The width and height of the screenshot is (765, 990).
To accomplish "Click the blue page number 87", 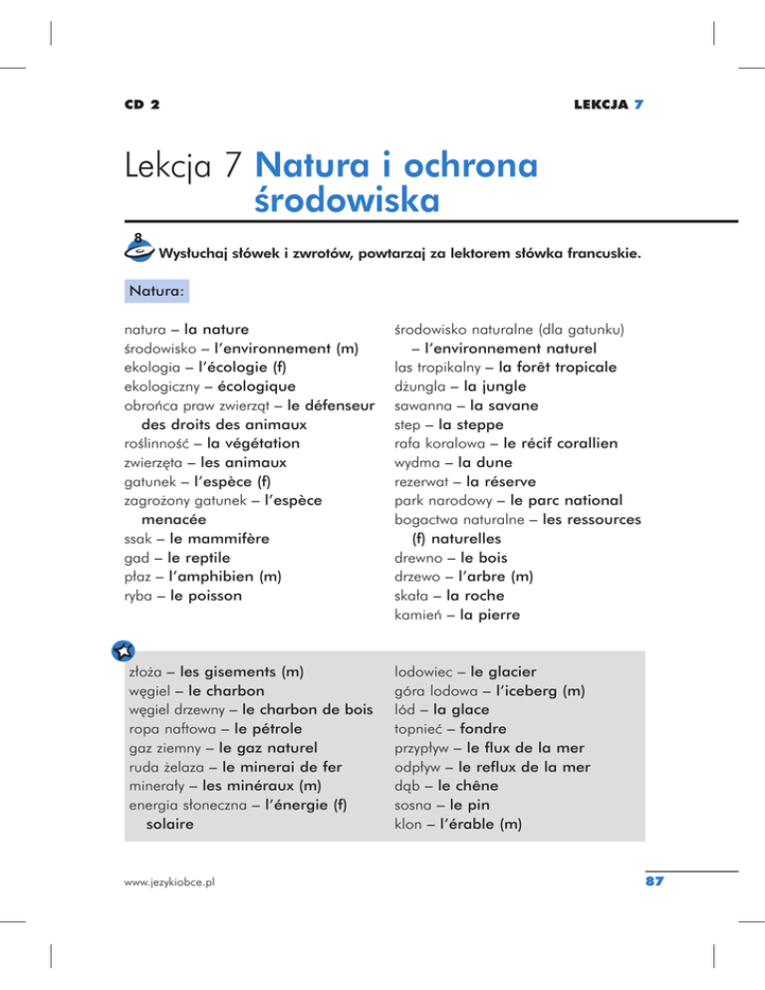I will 653,881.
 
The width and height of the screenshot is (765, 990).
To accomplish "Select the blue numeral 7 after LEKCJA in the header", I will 636,104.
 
